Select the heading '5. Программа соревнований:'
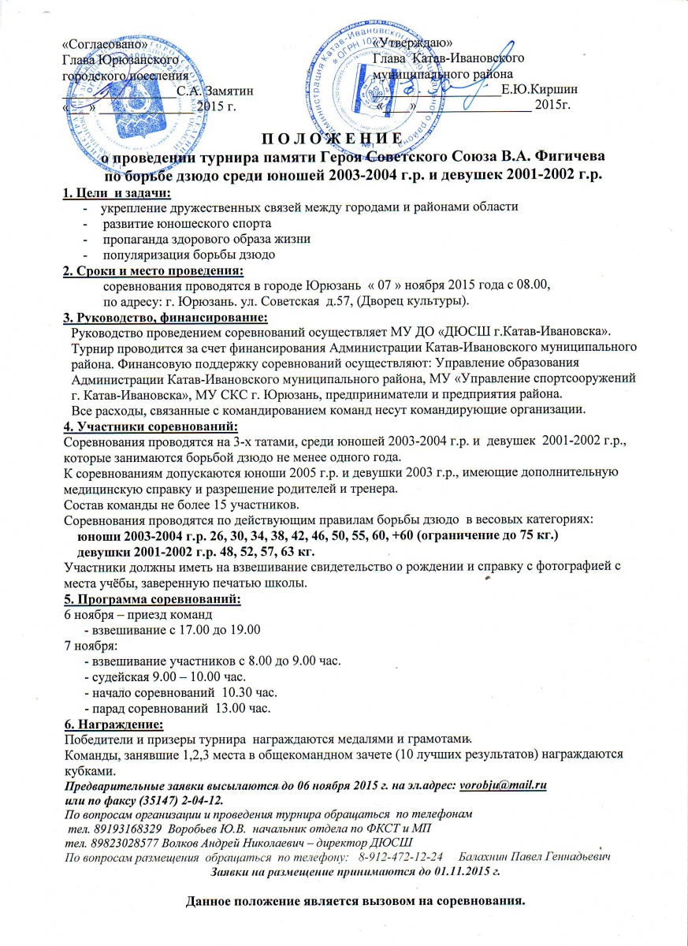point(151,600)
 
